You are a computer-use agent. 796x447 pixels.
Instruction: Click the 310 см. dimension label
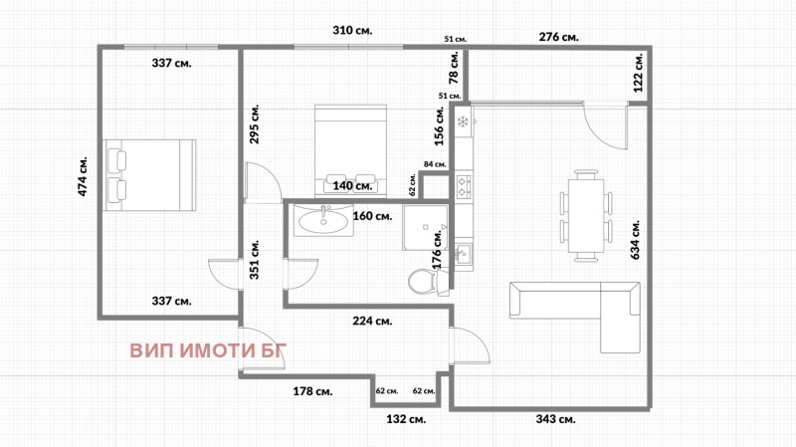352,31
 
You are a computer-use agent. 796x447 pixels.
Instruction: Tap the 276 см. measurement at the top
558,37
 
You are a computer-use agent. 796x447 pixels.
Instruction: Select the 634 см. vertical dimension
635,239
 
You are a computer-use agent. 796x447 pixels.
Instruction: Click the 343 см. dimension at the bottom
555,420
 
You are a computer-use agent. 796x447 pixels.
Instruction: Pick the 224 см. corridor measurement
372,321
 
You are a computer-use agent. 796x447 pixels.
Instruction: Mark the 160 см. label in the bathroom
372,214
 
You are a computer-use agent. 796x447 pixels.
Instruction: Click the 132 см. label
405,420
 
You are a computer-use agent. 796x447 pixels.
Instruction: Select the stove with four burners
464,184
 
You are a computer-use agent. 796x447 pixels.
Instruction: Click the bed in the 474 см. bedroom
149,175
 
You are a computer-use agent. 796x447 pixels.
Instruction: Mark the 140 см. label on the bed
352,185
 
